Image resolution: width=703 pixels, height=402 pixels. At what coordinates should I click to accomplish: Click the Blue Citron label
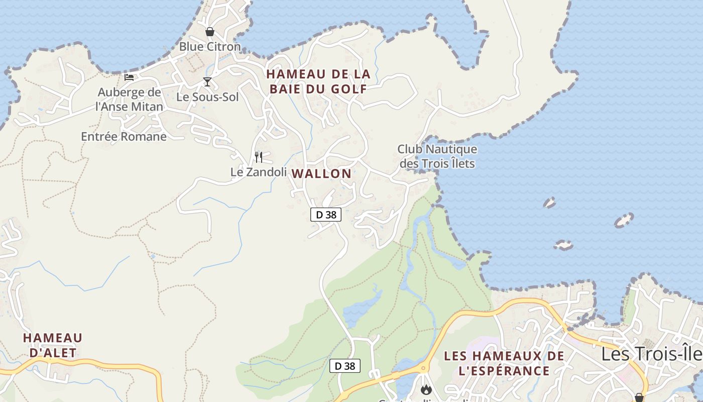(x=210, y=47)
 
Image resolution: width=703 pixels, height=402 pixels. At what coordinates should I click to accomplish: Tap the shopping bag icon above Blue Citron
(x=210, y=32)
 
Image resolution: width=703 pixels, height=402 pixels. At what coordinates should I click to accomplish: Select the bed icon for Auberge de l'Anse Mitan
(x=129, y=77)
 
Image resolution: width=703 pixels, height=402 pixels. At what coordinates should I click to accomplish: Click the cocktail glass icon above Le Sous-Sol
(x=207, y=82)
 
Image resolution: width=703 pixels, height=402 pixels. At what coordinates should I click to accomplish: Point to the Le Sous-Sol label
(x=207, y=97)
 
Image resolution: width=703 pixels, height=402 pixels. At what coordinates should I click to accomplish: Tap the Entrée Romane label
(x=124, y=136)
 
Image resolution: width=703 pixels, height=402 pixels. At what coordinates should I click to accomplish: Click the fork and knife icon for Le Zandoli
(x=259, y=157)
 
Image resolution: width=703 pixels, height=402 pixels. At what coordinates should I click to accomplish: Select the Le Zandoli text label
(x=258, y=172)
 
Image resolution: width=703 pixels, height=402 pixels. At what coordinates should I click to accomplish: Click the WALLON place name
(x=321, y=174)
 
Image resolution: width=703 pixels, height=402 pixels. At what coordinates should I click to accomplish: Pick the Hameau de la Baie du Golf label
(x=318, y=81)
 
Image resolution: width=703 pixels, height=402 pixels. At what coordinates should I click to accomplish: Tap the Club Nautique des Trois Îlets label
(x=437, y=156)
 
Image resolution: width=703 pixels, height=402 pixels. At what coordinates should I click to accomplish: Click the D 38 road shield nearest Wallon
(x=325, y=215)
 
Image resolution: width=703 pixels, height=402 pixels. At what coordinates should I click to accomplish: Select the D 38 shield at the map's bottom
(x=345, y=366)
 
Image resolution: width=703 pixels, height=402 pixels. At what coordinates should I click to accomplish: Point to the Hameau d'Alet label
(x=52, y=345)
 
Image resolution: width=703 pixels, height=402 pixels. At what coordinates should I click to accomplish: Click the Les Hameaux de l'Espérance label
(x=504, y=363)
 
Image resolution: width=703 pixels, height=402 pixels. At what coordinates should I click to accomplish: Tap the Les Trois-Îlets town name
(x=652, y=354)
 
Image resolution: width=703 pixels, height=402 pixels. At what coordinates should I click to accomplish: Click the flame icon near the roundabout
(x=426, y=389)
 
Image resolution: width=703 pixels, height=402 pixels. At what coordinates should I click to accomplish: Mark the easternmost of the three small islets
(x=624, y=220)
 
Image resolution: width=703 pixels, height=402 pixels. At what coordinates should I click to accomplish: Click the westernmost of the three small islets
(x=549, y=203)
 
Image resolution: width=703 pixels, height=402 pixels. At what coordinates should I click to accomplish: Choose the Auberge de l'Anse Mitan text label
(x=130, y=99)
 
